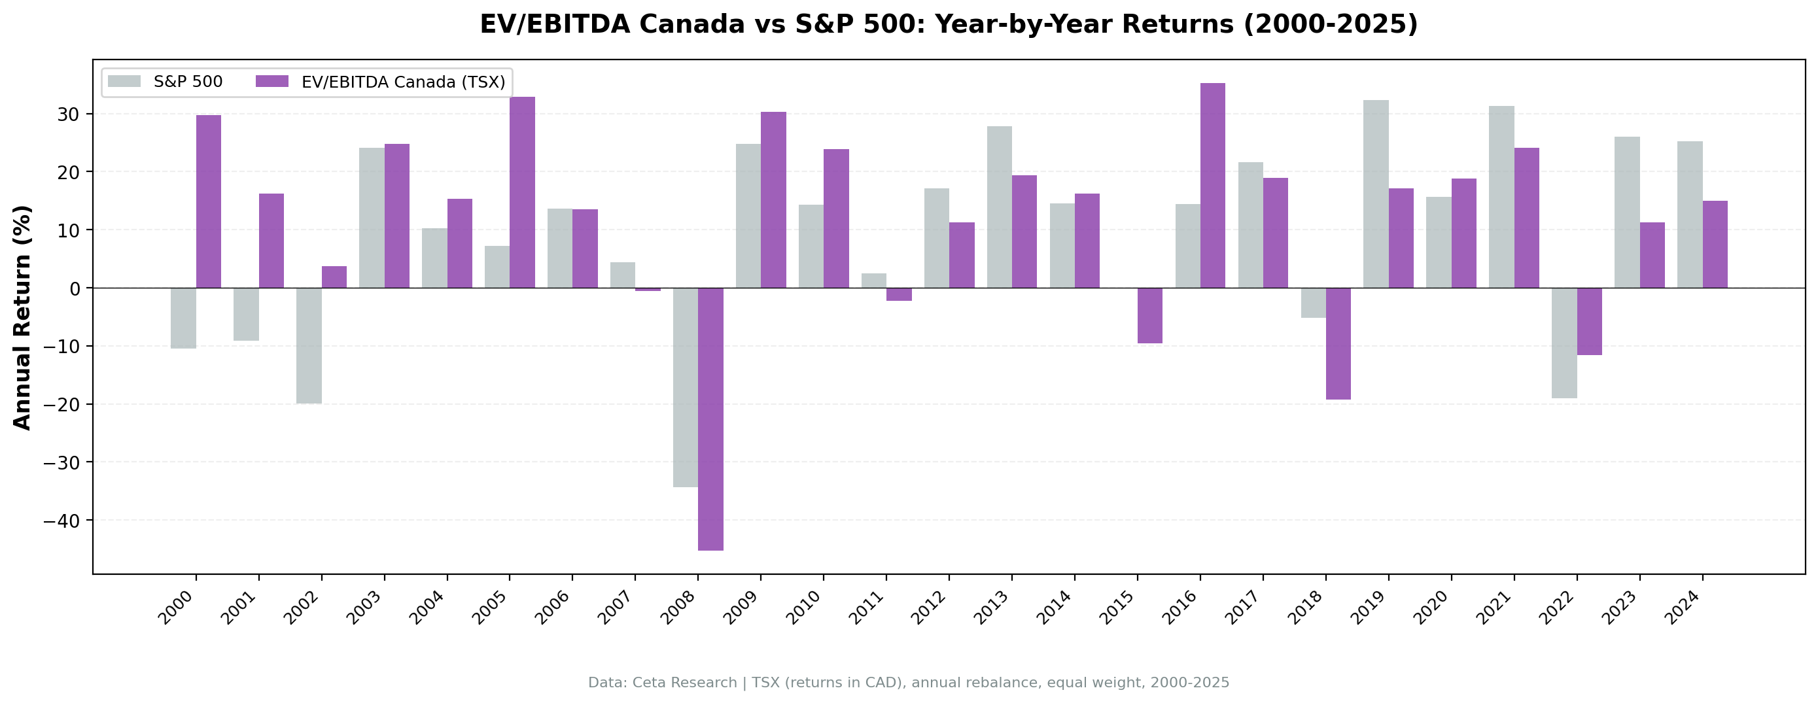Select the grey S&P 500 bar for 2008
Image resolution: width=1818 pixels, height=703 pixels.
[686, 386]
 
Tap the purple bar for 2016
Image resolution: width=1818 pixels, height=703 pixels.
[1212, 185]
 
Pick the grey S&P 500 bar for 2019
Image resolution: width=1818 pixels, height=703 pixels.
[1376, 194]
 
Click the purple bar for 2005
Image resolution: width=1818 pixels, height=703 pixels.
[522, 192]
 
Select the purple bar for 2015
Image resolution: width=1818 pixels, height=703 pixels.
[1149, 315]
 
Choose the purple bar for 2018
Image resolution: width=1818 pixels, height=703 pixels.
[1338, 343]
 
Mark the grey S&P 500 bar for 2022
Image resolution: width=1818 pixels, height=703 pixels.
[1564, 342]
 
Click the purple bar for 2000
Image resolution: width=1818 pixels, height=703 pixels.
[208, 201]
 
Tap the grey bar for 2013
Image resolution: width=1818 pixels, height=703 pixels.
[1000, 207]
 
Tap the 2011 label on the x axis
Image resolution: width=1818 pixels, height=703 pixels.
[867, 608]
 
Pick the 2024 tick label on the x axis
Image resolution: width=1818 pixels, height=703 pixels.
[1683, 608]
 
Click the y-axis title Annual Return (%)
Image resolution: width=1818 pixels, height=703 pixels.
[23, 317]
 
